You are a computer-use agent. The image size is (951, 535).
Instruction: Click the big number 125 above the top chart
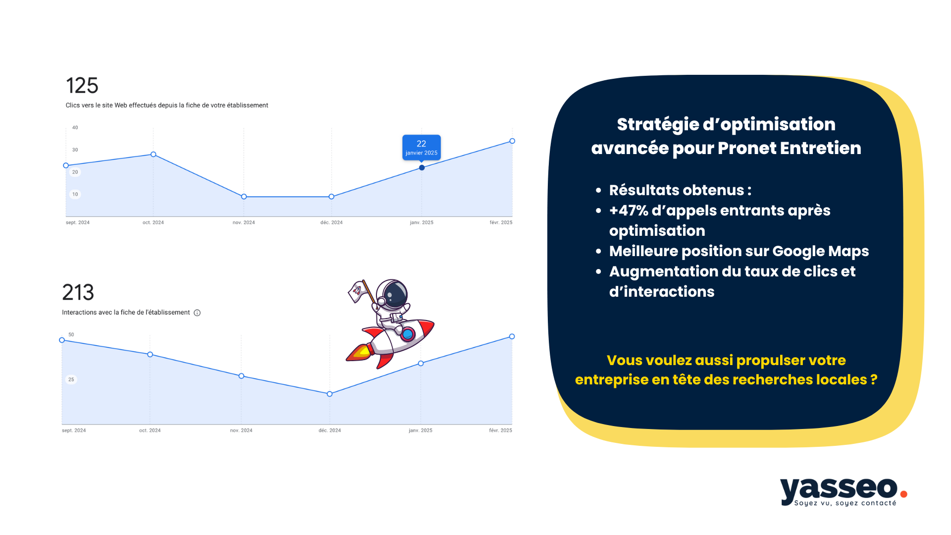pos(82,86)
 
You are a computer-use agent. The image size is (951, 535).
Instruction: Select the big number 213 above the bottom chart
pos(78,292)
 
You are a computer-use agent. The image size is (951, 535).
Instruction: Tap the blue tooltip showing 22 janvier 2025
pos(422,147)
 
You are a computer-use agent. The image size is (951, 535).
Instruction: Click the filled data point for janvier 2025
pos(422,167)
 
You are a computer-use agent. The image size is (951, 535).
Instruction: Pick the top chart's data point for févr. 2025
pos(512,141)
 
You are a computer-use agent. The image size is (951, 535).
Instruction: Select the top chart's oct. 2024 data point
pos(154,155)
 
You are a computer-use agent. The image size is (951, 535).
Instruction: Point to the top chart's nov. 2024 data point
pos(244,197)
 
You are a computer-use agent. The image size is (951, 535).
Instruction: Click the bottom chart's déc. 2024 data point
pos(330,394)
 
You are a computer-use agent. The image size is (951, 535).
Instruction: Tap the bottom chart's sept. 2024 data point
pos(62,340)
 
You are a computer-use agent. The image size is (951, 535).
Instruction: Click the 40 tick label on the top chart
pos(75,127)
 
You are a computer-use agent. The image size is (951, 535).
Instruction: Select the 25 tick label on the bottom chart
pos(71,379)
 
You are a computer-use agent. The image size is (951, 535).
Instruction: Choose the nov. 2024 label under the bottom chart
pos(241,430)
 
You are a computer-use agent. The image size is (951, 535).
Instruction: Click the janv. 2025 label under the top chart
pos(422,222)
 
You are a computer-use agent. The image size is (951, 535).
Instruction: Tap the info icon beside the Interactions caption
pos(197,313)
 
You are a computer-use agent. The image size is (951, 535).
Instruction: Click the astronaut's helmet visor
pos(395,294)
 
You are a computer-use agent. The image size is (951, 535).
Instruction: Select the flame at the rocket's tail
pos(360,352)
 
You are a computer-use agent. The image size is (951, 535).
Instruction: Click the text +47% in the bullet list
pos(629,211)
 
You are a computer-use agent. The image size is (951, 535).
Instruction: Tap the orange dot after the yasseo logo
pos(903,494)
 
